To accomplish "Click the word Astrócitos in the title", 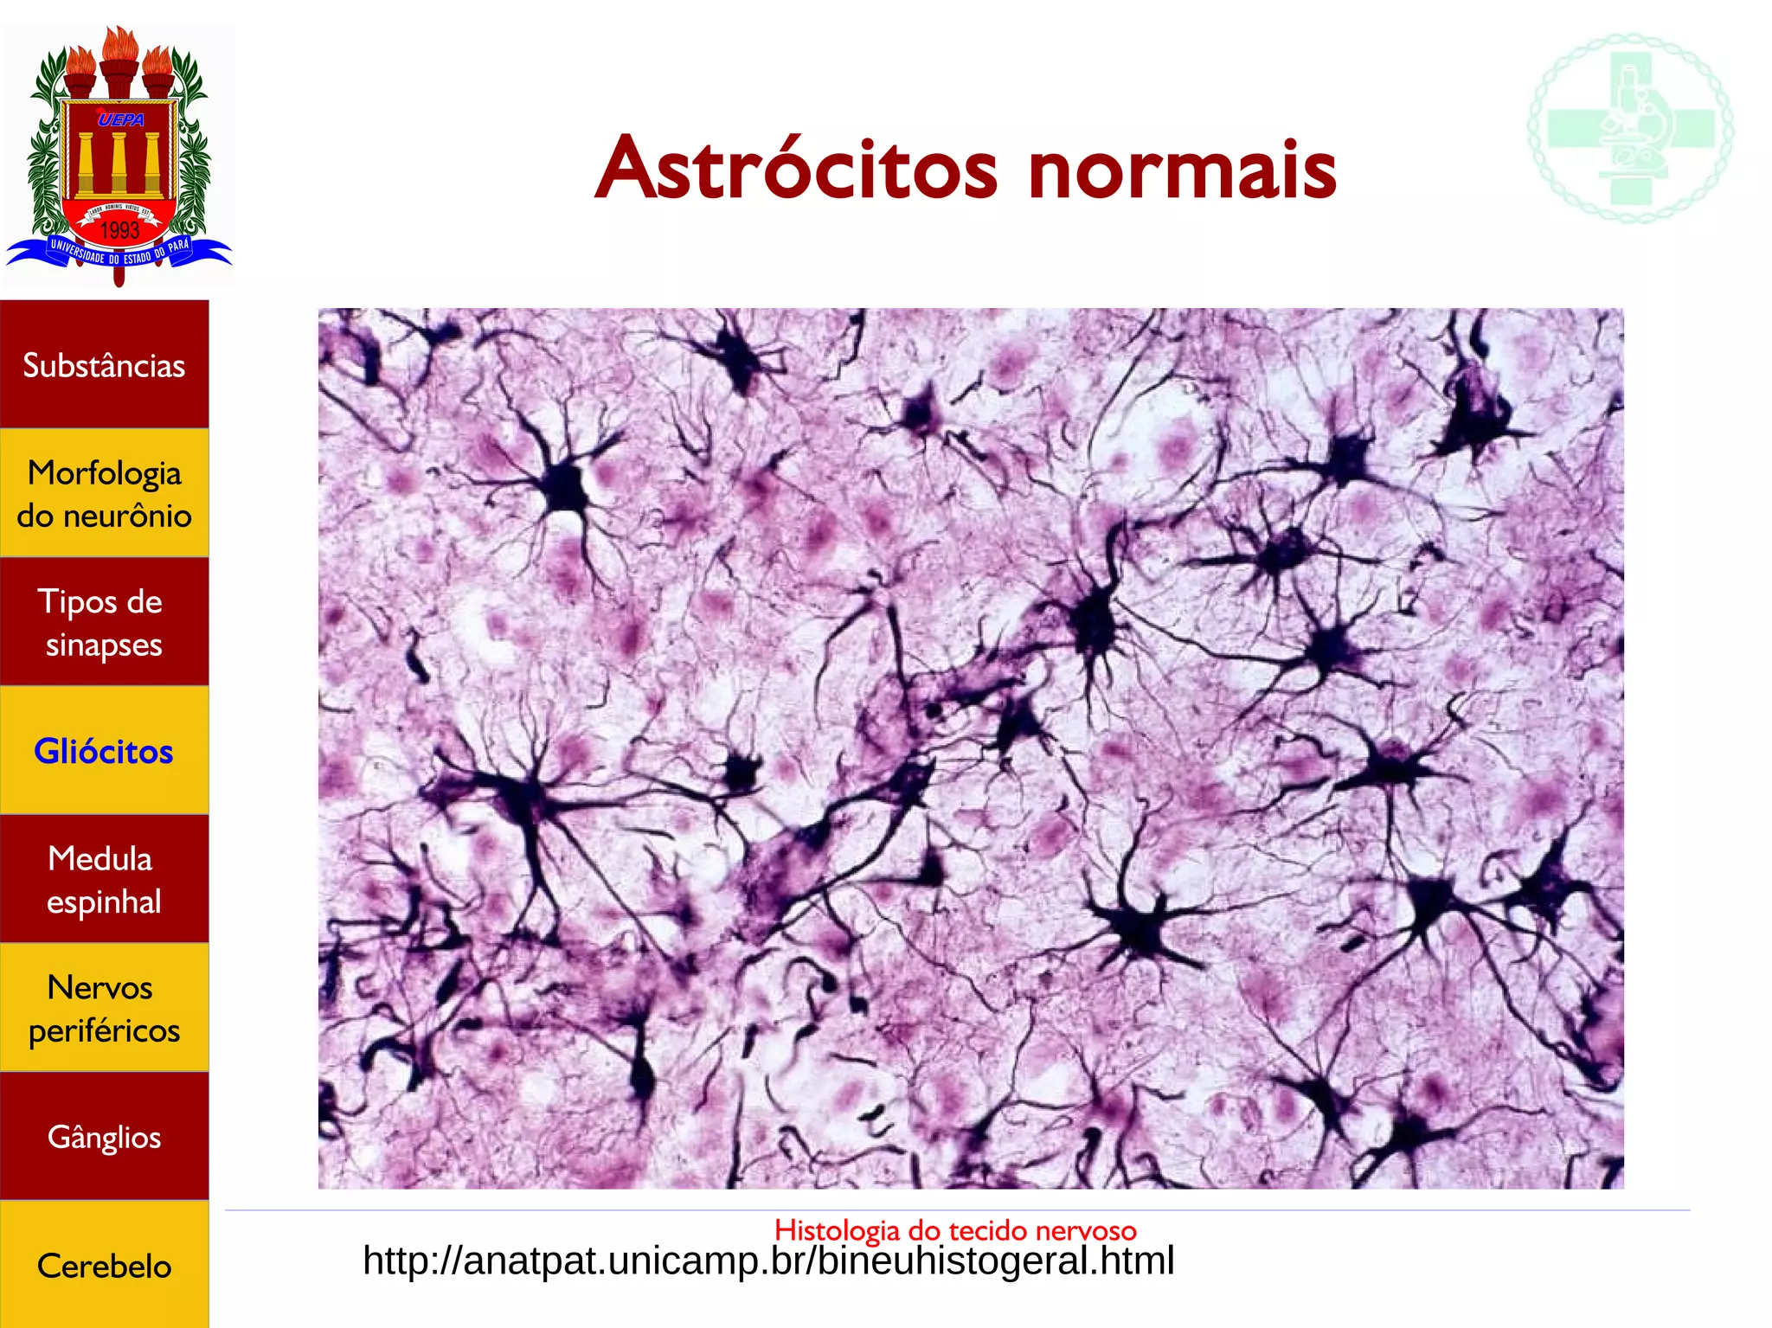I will [x=796, y=170].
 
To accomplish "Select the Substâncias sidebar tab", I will [x=104, y=365].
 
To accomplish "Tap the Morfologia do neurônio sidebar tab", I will [x=104, y=493].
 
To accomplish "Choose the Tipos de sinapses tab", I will [x=104, y=622].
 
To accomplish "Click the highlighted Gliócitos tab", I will [x=104, y=751].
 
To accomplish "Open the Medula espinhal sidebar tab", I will [x=104, y=879].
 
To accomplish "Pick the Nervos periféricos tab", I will [x=104, y=1008].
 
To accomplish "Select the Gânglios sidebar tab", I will [x=104, y=1136].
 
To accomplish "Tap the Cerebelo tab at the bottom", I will [x=104, y=1266].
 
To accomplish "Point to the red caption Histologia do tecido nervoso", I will [x=955, y=1229].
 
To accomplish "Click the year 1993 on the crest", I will [x=119, y=230].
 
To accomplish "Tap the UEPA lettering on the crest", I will [x=120, y=119].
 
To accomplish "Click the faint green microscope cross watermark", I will [x=1630, y=128].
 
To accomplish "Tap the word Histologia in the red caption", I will [x=837, y=1229].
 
